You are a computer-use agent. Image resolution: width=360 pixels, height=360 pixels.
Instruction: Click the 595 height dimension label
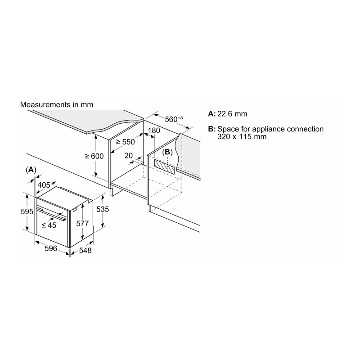click(27, 211)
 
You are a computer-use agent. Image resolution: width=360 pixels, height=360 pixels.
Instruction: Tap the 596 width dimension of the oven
click(51, 248)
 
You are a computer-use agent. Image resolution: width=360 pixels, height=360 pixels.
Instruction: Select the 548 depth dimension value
click(85, 251)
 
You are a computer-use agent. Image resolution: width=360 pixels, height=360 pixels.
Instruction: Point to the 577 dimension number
click(82, 223)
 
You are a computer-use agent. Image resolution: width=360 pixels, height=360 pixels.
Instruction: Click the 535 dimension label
click(103, 209)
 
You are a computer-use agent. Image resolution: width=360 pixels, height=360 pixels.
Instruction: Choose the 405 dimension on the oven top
click(44, 185)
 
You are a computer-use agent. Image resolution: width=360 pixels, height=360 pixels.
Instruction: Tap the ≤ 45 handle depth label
click(49, 225)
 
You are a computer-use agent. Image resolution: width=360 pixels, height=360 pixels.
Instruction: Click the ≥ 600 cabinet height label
click(94, 156)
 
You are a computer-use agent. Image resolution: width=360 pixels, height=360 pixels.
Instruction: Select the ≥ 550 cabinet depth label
click(126, 142)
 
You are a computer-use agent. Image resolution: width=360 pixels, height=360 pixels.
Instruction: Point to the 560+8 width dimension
click(174, 119)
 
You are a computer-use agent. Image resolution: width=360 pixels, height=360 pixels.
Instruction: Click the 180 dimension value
click(154, 130)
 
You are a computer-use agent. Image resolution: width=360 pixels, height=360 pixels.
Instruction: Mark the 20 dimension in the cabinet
click(129, 156)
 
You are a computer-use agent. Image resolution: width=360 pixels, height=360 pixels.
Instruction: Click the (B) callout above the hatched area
click(167, 152)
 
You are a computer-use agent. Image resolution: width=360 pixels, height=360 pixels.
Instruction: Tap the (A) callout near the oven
click(31, 170)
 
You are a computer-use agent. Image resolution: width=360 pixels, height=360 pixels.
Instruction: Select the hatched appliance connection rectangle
click(164, 166)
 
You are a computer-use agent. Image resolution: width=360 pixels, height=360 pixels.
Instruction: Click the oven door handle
click(51, 214)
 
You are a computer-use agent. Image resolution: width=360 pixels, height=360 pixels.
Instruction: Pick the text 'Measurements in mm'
click(57, 105)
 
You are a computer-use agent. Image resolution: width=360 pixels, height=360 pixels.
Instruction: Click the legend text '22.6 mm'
click(232, 114)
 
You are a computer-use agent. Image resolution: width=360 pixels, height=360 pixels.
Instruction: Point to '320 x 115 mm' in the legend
click(242, 137)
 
